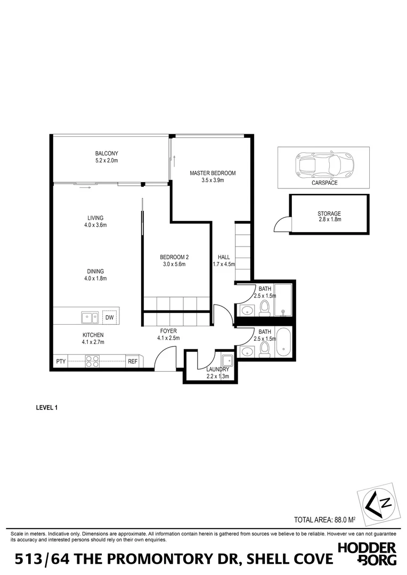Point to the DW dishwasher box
coord(110,318)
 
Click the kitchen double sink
coord(89,318)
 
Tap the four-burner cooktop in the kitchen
coord(92,362)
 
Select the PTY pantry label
coord(61,362)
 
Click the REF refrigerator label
coord(133,362)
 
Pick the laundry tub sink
coord(226,359)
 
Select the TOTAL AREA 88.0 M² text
coord(325,520)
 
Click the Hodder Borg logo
coord(367,554)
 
